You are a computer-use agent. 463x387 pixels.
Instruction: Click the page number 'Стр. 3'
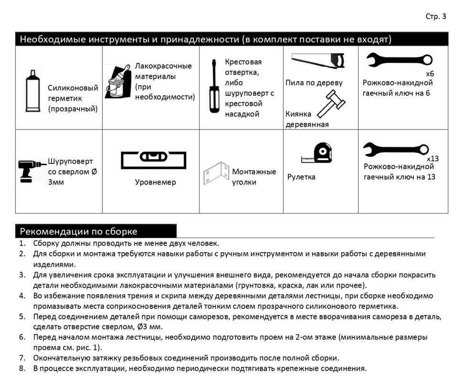[x=435, y=17]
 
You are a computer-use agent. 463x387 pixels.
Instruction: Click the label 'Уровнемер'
[x=155, y=182]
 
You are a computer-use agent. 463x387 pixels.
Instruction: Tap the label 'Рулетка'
[x=301, y=177]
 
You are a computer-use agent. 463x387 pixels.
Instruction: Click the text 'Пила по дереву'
[x=314, y=83]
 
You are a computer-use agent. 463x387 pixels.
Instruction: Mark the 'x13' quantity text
[x=432, y=158]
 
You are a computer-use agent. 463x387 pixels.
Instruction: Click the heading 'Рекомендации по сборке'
[x=78, y=232]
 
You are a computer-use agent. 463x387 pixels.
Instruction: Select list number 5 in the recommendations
[x=22, y=316]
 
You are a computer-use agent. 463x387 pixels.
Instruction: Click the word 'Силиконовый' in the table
[x=73, y=88]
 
